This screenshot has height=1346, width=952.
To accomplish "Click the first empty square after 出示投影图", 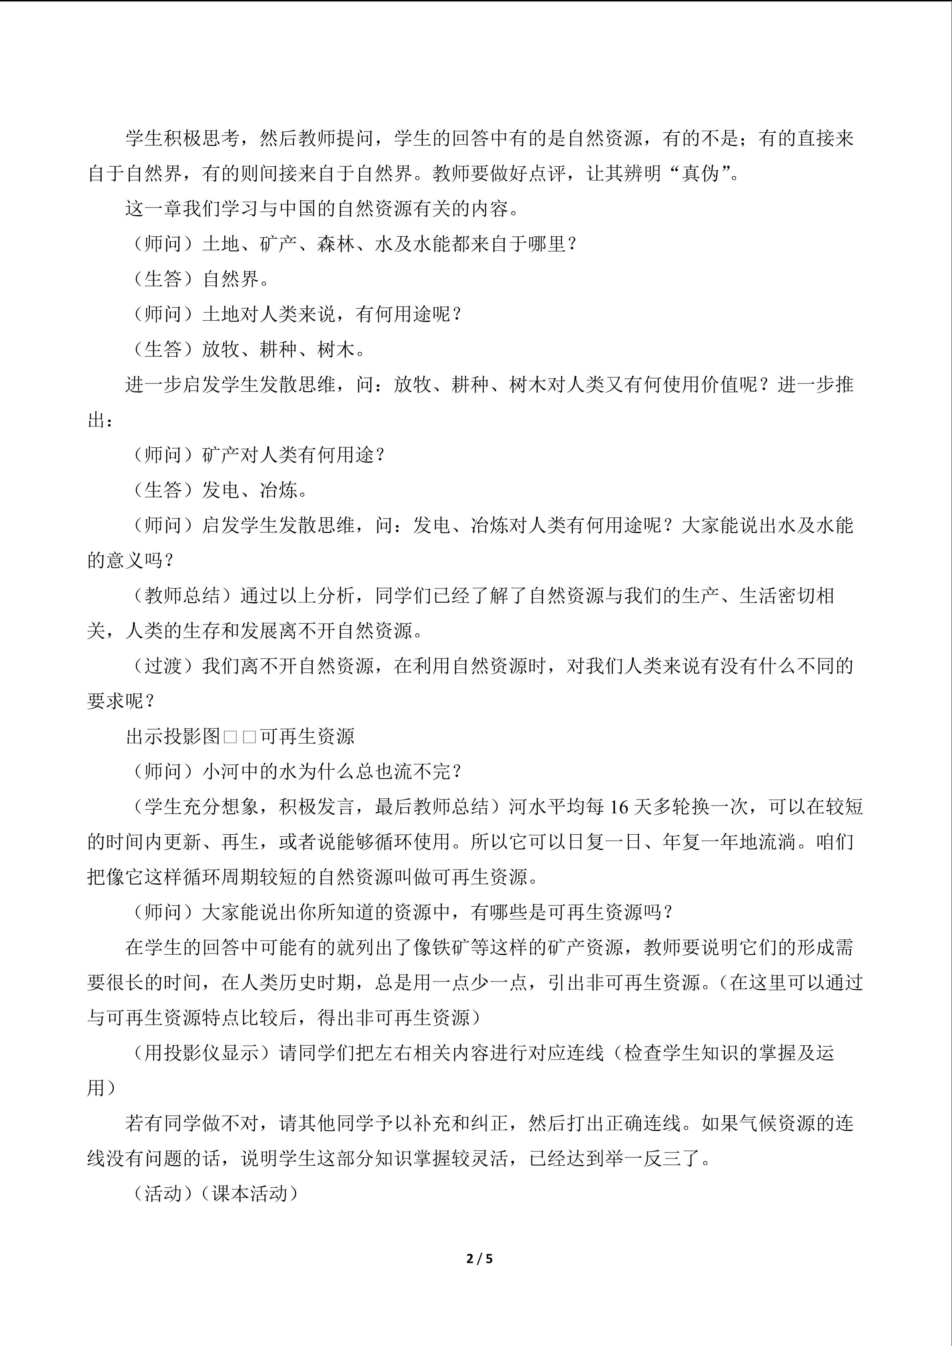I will [x=230, y=737].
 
